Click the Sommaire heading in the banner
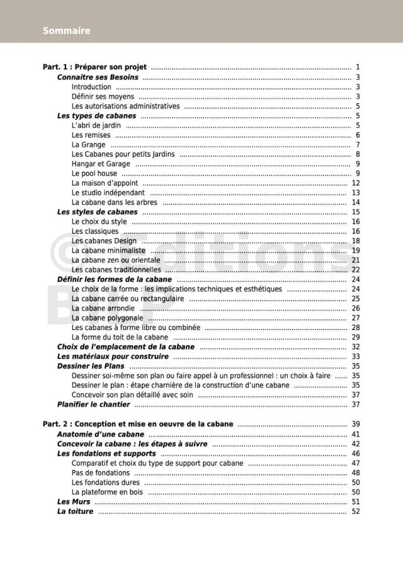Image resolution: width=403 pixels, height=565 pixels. (x=67, y=31)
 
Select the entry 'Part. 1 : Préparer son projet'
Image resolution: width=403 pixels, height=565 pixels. (x=94, y=67)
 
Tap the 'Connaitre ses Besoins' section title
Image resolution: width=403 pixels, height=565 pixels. (x=98, y=77)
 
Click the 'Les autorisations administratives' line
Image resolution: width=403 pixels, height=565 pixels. (x=125, y=106)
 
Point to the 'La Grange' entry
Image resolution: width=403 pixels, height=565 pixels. (x=89, y=145)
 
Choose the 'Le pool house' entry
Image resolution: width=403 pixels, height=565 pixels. (x=94, y=174)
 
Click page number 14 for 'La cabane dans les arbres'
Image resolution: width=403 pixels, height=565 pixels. (x=356, y=203)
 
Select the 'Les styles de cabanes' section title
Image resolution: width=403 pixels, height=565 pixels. (x=97, y=212)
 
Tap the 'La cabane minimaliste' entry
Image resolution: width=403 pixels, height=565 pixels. (x=108, y=251)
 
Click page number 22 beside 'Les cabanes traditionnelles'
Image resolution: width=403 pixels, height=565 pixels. (x=356, y=270)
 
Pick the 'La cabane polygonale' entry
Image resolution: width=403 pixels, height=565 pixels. (x=107, y=318)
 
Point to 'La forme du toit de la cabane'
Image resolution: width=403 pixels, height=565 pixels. (x=120, y=338)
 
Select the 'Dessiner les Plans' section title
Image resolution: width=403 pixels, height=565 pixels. (x=91, y=366)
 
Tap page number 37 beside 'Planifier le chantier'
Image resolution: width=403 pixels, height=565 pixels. (x=356, y=404)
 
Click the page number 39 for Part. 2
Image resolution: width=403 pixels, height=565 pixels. (x=356, y=425)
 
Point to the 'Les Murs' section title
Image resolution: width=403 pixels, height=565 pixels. (x=74, y=502)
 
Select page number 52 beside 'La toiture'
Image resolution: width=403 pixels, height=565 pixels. (x=356, y=511)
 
